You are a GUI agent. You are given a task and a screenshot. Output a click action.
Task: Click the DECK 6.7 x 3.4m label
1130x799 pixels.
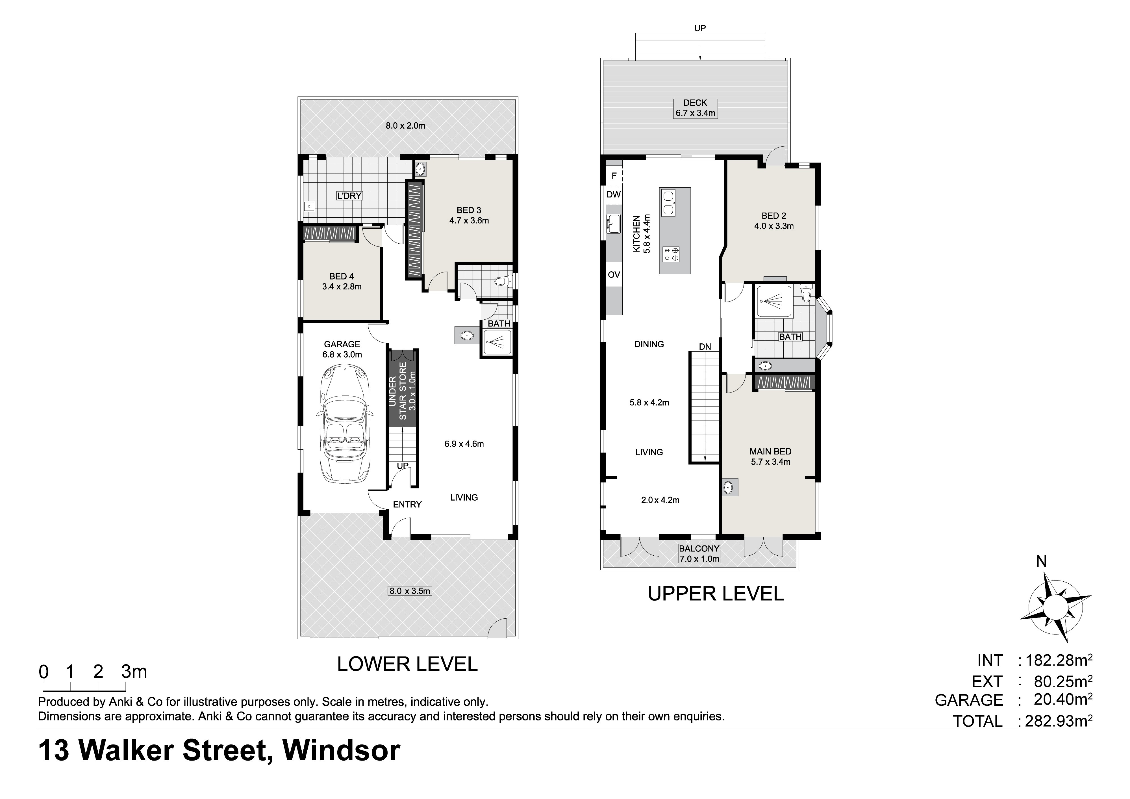tap(695, 108)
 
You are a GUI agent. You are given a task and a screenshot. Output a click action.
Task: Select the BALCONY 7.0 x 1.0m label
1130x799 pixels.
tap(699, 553)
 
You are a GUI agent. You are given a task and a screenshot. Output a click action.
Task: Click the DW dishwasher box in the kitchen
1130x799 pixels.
tap(614, 194)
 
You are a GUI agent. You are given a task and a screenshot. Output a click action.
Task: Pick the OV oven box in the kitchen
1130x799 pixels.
tap(614, 275)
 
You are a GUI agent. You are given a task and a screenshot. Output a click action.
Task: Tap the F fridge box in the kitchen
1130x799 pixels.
tap(614, 176)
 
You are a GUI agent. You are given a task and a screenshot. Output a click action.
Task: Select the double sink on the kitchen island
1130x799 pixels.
tap(668, 203)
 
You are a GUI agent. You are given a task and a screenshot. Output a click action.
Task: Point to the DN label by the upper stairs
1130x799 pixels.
tap(705, 347)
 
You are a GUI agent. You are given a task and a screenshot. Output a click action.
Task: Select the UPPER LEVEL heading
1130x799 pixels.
tap(716, 594)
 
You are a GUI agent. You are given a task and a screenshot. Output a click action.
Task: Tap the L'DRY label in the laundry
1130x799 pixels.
tap(349, 196)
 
